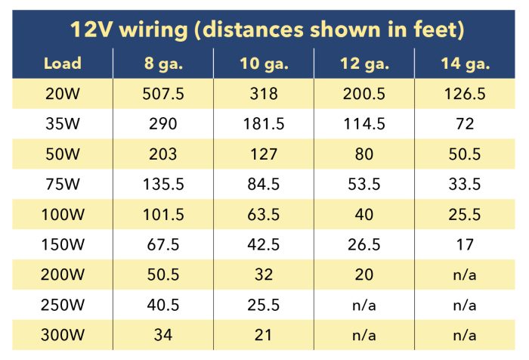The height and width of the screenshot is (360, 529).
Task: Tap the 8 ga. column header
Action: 163,63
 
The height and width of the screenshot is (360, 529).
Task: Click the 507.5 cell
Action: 163,94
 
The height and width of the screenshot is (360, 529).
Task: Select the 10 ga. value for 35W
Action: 264,124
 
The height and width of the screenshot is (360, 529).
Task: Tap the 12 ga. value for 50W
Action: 364,154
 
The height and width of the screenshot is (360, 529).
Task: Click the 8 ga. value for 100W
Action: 163,214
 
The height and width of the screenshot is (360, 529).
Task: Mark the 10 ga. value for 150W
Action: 264,244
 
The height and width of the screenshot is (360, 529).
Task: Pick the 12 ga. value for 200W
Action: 364,275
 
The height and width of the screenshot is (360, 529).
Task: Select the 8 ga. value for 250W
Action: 163,305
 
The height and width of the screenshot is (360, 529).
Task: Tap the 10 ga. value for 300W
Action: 264,335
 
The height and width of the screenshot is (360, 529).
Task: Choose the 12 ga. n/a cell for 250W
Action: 364,305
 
